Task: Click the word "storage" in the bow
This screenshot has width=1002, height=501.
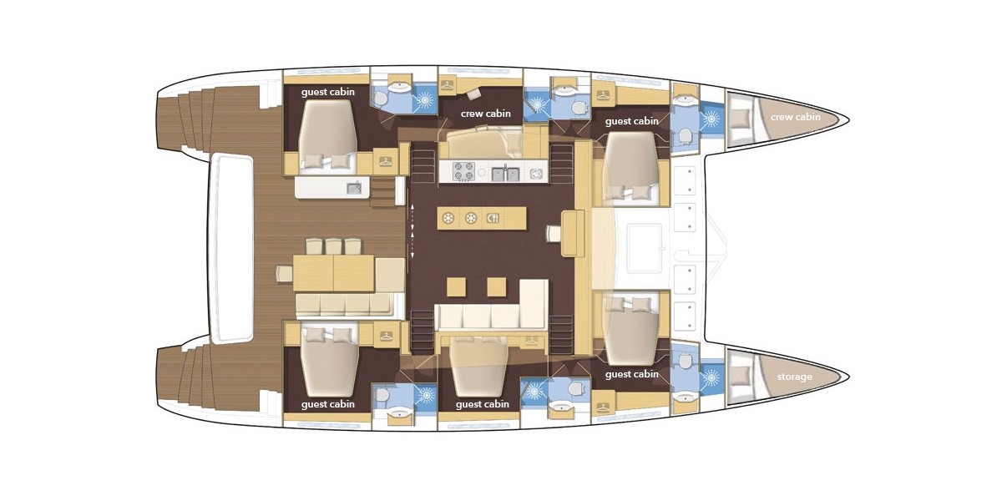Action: tap(794, 377)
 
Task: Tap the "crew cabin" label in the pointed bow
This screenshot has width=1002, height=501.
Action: tap(795, 117)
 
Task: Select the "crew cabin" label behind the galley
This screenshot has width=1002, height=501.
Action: tap(485, 114)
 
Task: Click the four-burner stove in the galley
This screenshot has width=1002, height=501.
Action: tap(463, 172)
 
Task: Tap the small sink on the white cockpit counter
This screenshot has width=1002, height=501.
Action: tap(354, 188)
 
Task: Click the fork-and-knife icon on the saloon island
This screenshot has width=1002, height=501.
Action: tap(493, 218)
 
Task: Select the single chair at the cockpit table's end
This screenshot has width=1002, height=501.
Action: tap(284, 273)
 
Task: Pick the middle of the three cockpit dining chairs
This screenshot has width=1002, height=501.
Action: tap(333, 246)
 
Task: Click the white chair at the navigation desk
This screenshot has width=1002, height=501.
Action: tap(554, 234)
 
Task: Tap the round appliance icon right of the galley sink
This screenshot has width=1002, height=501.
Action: tap(535, 174)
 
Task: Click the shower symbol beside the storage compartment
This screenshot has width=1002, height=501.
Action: tap(711, 377)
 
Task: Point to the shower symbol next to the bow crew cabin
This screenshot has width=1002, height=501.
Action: tap(711, 119)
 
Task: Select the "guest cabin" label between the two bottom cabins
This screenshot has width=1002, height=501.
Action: tap(483, 404)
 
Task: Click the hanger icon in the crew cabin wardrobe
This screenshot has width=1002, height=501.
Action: tap(448, 84)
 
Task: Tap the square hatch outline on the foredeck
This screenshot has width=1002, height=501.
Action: tap(644, 249)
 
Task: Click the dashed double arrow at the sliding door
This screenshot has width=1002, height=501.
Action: tap(412, 230)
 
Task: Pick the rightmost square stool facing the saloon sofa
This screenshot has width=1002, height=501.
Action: tap(497, 286)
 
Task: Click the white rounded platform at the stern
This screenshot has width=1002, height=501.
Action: tap(232, 249)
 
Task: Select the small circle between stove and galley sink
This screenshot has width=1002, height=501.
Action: tap(482, 172)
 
